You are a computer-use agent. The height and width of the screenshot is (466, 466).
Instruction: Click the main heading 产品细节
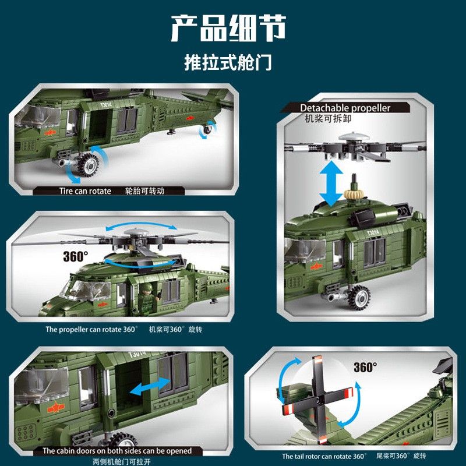(228, 29)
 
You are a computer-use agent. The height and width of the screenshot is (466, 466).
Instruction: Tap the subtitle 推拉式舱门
(228, 62)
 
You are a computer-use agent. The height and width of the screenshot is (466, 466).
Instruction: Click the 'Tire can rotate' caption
(85, 191)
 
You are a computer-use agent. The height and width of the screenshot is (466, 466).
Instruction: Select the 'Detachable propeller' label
(345, 108)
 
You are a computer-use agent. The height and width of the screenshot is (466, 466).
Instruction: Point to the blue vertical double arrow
(331, 183)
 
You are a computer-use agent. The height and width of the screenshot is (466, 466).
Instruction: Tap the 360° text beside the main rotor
(76, 256)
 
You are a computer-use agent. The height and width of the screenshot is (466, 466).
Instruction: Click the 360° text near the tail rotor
(365, 368)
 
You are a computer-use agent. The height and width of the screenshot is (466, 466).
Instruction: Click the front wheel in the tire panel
(89, 164)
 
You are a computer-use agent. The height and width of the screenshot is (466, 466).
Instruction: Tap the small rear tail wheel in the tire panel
(207, 129)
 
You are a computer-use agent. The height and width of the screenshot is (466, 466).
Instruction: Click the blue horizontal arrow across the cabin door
(150, 386)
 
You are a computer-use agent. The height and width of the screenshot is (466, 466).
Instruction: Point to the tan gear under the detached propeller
(354, 194)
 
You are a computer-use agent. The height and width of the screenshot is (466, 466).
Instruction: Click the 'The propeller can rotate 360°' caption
(91, 329)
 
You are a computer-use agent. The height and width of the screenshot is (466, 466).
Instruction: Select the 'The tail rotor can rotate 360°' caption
(324, 456)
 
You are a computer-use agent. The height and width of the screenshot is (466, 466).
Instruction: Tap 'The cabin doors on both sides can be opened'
(117, 450)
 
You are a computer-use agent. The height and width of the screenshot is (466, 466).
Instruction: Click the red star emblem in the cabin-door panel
(56, 407)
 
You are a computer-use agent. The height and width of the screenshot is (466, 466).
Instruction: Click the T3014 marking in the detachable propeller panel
(373, 232)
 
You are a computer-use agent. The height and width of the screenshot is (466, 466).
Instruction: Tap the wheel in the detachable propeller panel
(359, 297)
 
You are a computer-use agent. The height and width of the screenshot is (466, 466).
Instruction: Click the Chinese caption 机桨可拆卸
(328, 119)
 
